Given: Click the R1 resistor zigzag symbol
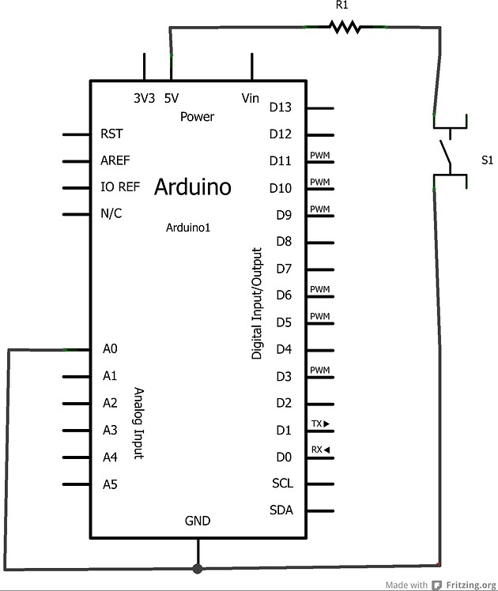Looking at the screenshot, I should [345, 28].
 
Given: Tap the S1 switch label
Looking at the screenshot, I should [487, 160].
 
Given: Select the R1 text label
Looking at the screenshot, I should [342, 6].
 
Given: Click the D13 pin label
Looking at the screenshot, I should [281, 107].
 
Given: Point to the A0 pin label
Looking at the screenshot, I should [110, 349].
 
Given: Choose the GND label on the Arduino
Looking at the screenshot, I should [198, 521].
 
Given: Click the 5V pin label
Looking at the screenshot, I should [172, 99].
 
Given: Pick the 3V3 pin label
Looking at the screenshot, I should [144, 99].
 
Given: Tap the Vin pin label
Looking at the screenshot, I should [251, 99].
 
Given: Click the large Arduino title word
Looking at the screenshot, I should [193, 187].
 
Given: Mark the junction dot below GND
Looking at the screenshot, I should [198, 567].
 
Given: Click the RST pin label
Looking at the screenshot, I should [112, 134].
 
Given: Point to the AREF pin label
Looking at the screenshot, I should [115, 161].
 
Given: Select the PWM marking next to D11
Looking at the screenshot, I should [319, 155].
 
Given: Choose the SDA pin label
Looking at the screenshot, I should [281, 510].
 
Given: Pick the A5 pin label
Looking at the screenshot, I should [110, 484].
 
